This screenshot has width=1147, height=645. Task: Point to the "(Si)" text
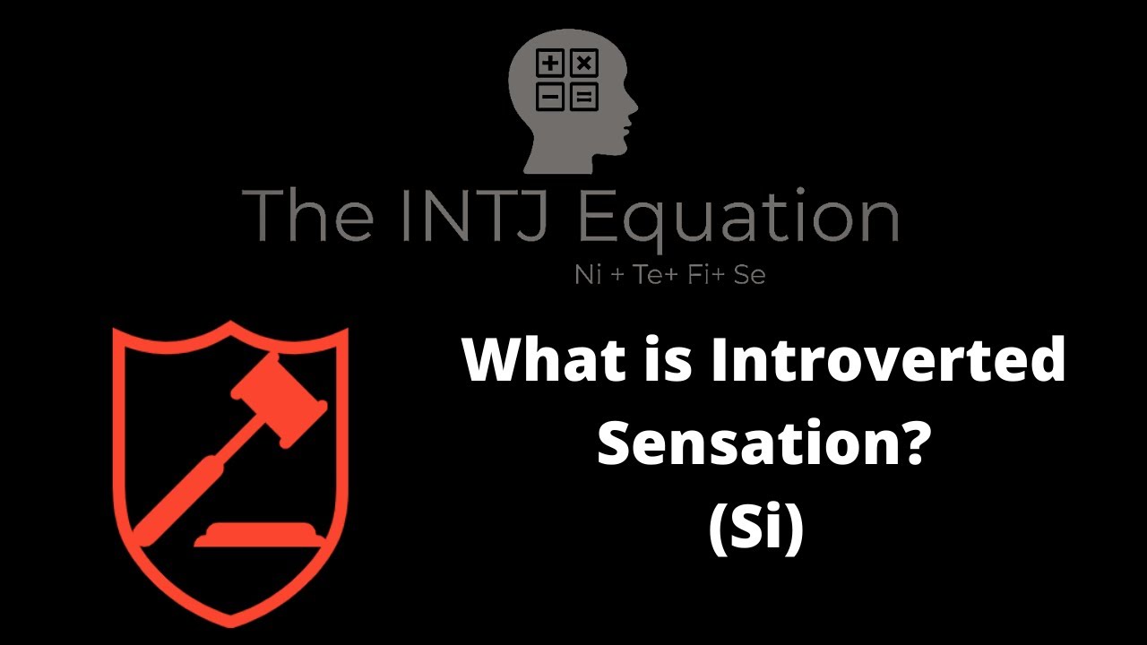pyautogui.click(x=757, y=528)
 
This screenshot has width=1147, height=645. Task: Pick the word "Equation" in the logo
pyautogui.click(x=738, y=216)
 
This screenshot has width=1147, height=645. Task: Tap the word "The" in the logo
pyautogui.click(x=308, y=216)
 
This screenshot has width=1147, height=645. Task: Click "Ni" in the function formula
pyautogui.click(x=588, y=275)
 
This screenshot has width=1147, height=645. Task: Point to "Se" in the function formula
pyautogui.click(x=749, y=275)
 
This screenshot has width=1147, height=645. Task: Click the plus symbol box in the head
pyautogui.click(x=550, y=64)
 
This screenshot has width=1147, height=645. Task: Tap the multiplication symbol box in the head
pyautogui.click(x=583, y=64)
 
